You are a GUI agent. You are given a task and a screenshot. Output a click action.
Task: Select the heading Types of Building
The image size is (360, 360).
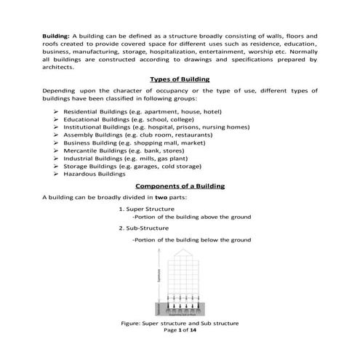coord(180,79)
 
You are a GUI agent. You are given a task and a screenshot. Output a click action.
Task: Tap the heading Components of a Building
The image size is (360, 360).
coord(180,186)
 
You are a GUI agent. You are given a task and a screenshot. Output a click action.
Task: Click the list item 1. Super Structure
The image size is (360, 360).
coord(145,209)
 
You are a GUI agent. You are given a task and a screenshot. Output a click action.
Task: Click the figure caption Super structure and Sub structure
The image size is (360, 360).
coord(189,323)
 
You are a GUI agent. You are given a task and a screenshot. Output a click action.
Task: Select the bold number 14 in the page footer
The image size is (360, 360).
coord(193,330)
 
